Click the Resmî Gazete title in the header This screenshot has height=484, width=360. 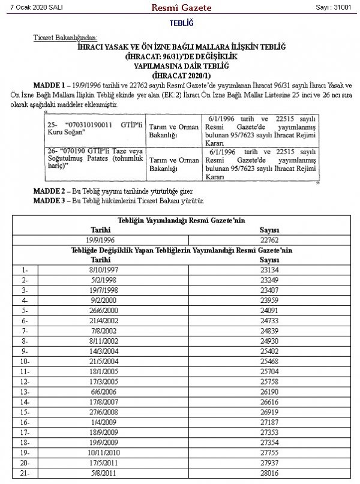[x=180, y=7]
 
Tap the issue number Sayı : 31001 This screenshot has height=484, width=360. [x=334, y=7]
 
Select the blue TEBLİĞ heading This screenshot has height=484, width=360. [x=179, y=24]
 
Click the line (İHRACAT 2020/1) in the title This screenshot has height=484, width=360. [x=180, y=76]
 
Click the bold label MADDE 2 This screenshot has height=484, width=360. [x=49, y=190]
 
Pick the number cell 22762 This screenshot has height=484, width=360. [x=269, y=239]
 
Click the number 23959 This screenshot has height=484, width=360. [x=269, y=300]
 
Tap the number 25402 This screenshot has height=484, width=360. [x=269, y=350]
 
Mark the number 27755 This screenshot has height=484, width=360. [x=269, y=452]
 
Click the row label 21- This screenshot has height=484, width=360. [x=25, y=473]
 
